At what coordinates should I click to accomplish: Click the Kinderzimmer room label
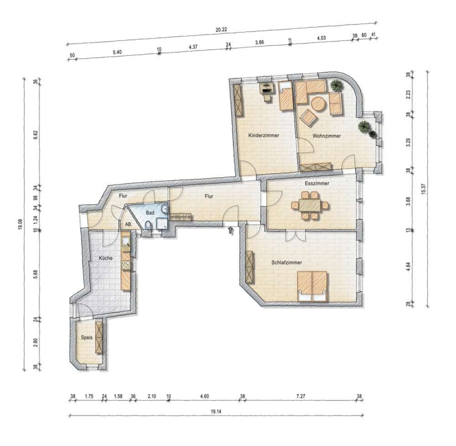263,135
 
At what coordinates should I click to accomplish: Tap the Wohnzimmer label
327,136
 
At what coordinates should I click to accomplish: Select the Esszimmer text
317,183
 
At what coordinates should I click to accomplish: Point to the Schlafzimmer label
286,263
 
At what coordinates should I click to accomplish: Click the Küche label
105,258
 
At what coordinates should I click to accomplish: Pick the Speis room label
87,337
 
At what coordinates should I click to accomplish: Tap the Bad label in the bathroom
150,213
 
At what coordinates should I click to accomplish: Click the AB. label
129,224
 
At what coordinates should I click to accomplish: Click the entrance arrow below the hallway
231,230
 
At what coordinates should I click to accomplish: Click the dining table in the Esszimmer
310,205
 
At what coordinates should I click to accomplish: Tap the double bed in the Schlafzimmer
312,286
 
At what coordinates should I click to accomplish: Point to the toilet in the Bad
148,225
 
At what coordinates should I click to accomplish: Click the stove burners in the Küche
126,265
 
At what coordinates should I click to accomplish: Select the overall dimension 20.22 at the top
221,29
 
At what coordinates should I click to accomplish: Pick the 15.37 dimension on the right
424,189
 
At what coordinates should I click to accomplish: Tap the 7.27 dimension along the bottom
300,396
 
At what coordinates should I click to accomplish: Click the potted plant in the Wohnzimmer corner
336,85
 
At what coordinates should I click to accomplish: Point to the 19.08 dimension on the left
20,224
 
